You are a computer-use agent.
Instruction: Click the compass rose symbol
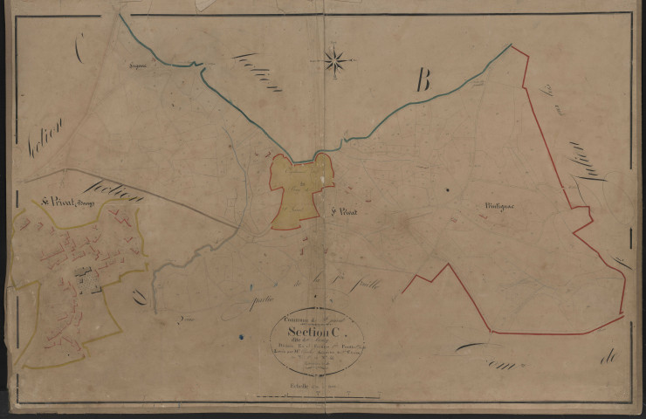coord(335,60)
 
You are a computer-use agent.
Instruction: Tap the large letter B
coord(423,83)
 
